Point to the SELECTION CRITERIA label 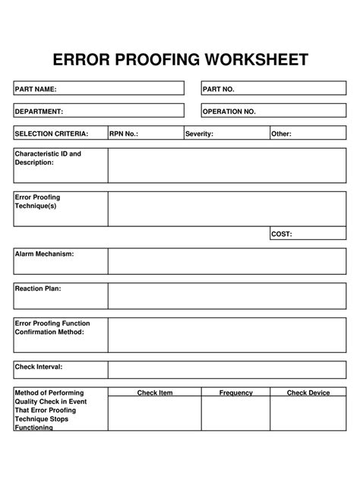coord(52,134)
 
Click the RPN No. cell coord(144,134)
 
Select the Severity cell coord(226,134)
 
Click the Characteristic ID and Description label coord(48,158)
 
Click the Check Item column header coord(155,392)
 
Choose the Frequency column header coord(235,392)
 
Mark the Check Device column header coord(308,392)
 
